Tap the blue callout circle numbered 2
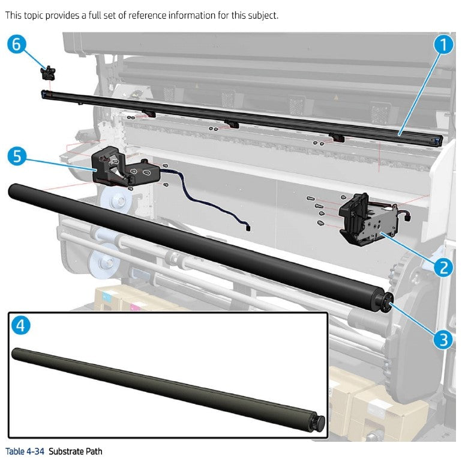coord(443,266)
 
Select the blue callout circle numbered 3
coord(443,340)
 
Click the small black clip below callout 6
coord(48,73)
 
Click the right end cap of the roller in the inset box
coord(319,421)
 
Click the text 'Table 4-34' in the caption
coord(25,451)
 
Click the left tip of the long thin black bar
coord(43,92)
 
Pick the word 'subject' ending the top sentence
coord(263,15)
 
